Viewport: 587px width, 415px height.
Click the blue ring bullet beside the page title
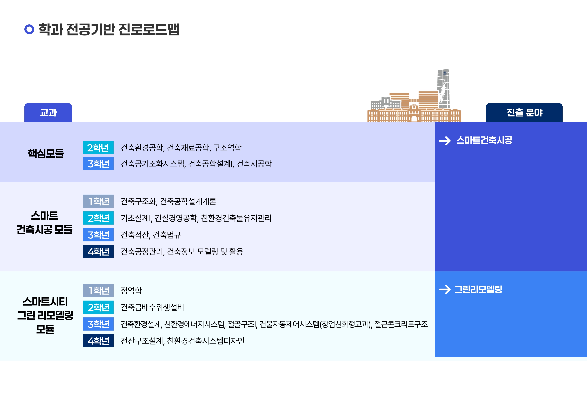[x=29, y=29]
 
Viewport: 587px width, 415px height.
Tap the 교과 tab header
[x=48, y=112]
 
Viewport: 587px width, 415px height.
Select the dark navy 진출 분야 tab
[x=524, y=112]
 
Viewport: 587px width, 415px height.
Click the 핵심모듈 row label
[x=46, y=153]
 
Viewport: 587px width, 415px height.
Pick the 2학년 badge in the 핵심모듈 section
[x=98, y=148]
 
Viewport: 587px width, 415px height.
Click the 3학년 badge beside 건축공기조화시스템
[x=98, y=164]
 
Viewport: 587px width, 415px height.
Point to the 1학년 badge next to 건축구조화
[x=98, y=201]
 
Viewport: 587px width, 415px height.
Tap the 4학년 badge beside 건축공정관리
[x=98, y=251]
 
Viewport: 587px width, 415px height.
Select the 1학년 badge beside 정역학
[x=98, y=290]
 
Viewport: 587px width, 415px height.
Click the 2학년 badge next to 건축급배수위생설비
[x=98, y=307]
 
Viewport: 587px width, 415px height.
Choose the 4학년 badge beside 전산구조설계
[x=98, y=341]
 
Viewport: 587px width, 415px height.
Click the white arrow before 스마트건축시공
[x=445, y=141]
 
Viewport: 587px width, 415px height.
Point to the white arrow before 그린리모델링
[x=445, y=289]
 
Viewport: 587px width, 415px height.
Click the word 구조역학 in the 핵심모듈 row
[x=227, y=148]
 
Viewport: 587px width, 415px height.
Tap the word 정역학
[x=131, y=290]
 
